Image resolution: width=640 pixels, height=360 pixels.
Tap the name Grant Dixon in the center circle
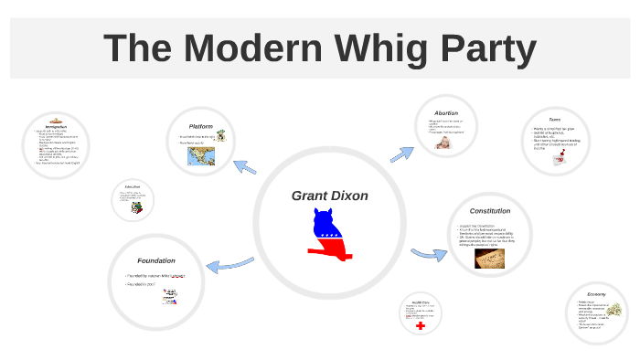[x=329, y=196]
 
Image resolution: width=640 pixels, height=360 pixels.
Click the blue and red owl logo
[x=329, y=235]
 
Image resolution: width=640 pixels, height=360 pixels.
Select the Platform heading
[x=200, y=126]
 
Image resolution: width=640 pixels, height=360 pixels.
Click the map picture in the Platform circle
[x=200, y=157]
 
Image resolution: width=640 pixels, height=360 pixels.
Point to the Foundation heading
[x=155, y=260]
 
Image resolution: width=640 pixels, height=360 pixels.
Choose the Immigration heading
[x=57, y=127]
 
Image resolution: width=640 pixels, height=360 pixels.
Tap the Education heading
[x=132, y=186]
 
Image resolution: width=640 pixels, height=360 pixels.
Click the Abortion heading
[x=446, y=113]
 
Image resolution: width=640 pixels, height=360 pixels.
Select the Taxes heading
[x=554, y=120]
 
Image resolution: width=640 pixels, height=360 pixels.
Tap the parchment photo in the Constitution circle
[x=490, y=259]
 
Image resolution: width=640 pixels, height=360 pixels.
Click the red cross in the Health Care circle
[x=421, y=325]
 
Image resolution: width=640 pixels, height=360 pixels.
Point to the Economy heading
[x=597, y=294]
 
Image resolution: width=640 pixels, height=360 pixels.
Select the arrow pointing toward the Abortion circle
[x=401, y=153]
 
